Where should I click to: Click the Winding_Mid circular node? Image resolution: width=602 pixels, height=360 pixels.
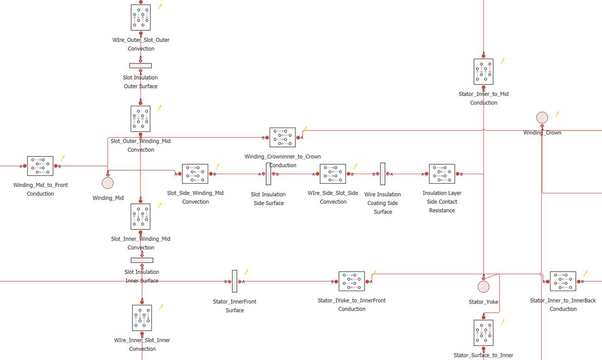pos(108,182)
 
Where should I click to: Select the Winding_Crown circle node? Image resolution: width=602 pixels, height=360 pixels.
pos(542,118)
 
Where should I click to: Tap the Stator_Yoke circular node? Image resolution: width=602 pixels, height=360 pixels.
pos(483,287)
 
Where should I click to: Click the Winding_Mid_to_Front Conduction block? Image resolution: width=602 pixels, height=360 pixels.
pos(40,166)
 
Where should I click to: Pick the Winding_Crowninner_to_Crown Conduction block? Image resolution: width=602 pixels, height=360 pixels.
pos(283,137)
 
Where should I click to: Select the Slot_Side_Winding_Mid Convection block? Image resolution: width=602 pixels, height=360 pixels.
pos(195,174)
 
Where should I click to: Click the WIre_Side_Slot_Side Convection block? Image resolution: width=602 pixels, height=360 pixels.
pos(333,174)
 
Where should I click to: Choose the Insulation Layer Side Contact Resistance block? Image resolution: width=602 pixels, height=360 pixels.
pos(442,174)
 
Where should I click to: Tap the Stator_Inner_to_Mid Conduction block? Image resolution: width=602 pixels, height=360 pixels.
pos(483,72)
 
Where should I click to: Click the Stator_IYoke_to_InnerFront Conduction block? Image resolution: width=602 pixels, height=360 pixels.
pos(351,281)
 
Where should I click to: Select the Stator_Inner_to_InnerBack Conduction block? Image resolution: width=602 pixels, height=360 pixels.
pos(563,281)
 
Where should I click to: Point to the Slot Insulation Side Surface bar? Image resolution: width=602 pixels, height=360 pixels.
pos(268,174)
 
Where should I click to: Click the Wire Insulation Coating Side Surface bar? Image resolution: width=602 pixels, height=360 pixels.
pos(383,174)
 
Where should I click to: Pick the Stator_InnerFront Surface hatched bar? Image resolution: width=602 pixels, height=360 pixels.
pos(234,281)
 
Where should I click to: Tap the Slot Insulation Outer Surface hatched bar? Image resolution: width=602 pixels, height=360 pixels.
pos(140,66)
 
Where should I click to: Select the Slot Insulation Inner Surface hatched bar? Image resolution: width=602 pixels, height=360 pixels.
pos(142,260)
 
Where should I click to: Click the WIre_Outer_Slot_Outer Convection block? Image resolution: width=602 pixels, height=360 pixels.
pos(140,17)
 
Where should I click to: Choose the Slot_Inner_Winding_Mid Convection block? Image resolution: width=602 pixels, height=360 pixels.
pos(140,217)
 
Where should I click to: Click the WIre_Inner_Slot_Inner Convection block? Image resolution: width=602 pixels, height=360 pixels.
pos(142,318)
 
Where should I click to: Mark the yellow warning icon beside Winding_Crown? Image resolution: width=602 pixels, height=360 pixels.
pos(557,114)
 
